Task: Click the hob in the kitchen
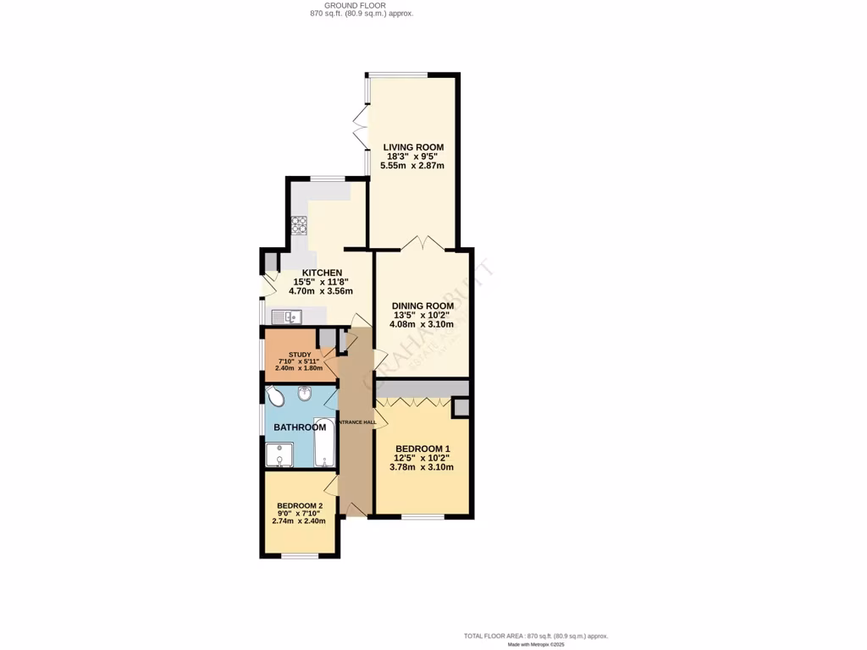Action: click(x=299, y=225)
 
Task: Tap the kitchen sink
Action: click(x=286, y=317)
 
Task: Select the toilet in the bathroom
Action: click(x=275, y=396)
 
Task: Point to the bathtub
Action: click(x=324, y=443)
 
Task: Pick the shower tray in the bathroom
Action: click(x=279, y=454)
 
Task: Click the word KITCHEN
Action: click(x=317, y=273)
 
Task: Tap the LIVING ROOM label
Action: click(x=413, y=147)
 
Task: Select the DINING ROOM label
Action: click(x=422, y=306)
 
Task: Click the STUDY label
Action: click(x=300, y=355)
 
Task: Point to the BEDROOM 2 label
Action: click(x=300, y=506)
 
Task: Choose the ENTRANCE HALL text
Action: click(x=357, y=422)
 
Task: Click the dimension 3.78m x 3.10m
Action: click(x=421, y=467)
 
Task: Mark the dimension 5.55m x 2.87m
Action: click(x=412, y=166)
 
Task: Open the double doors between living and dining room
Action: click(x=422, y=245)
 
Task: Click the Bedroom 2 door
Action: click(x=332, y=484)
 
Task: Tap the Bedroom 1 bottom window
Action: click(x=422, y=516)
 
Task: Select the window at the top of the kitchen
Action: click(x=327, y=179)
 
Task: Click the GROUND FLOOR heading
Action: click(x=361, y=5)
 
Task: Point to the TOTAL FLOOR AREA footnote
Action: click(x=535, y=636)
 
